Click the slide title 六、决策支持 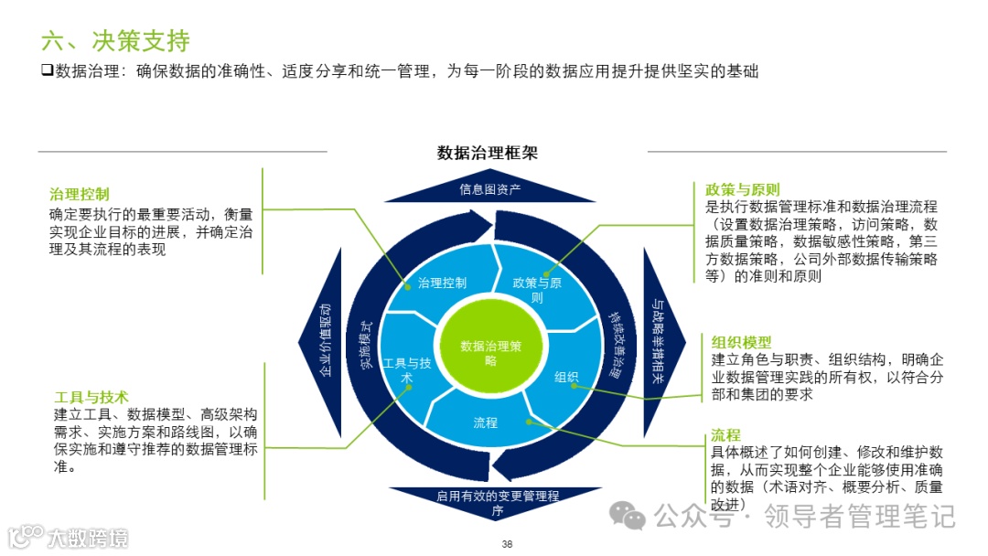115,40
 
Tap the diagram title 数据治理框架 487,153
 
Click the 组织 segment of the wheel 566,377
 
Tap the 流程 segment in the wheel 486,422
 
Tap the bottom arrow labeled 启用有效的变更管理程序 497,503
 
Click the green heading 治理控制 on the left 80,194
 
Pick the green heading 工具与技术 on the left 91,397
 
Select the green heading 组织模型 741,342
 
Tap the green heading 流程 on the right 725,435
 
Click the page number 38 507,544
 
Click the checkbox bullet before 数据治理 47,70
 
